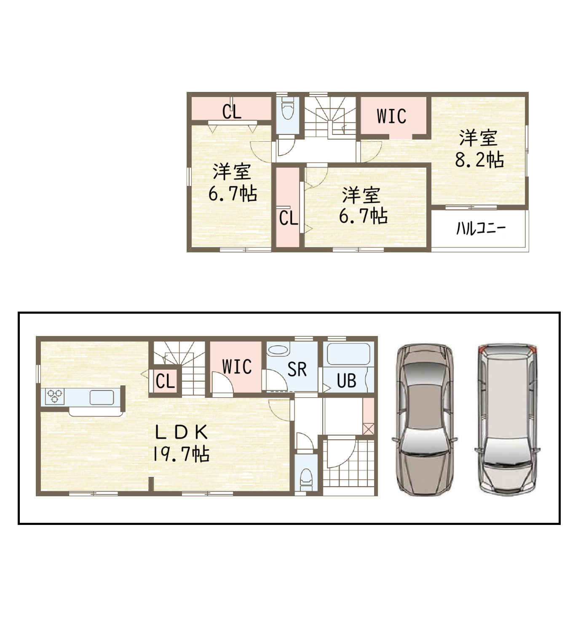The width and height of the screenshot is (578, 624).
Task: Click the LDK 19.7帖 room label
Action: (181, 444)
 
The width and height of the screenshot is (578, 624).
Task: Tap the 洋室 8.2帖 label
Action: (479, 148)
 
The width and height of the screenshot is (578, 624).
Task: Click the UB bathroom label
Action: (346, 381)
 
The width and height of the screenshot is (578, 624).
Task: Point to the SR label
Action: (297, 369)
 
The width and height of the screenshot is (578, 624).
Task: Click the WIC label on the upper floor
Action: (391, 116)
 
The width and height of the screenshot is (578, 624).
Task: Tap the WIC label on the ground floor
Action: (237, 366)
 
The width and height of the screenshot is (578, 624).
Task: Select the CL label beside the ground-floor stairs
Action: (165, 382)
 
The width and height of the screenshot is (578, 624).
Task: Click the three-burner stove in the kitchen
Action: (55, 396)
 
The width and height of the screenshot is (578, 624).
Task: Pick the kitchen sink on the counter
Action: (102, 397)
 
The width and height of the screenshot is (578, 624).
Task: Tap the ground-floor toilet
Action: (306, 480)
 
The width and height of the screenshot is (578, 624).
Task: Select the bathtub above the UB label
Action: (348, 354)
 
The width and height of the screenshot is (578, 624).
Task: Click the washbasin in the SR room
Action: (278, 350)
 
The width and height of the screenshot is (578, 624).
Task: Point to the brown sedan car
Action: (425, 420)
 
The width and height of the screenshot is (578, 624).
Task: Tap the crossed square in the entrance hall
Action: (369, 429)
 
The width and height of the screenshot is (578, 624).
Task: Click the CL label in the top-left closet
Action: (232, 112)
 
